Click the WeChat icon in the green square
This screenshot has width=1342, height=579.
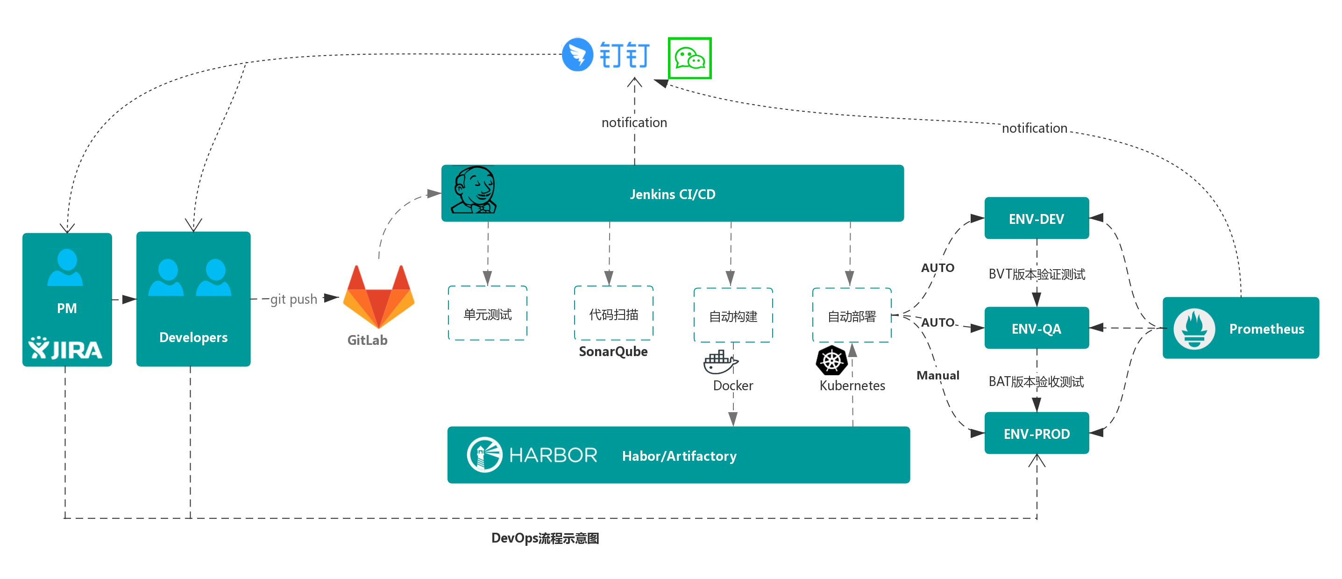pyautogui.click(x=689, y=58)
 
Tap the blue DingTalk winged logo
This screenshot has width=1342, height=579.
pyautogui.click(x=577, y=54)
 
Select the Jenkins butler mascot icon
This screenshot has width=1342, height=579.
pyautogui.click(x=473, y=190)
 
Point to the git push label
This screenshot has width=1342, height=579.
pyautogui.click(x=294, y=299)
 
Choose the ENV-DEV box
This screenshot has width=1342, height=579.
pyautogui.click(x=1036, y=218)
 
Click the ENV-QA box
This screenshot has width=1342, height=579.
pyautogui.click(x=1036, y=329)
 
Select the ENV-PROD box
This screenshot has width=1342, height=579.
pyautogui.click(x=1036, y=433)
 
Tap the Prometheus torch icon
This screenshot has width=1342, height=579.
pyautogui.click(x=1193, y=329)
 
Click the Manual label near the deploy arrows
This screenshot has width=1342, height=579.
pyautogui.click(x=938, y=375)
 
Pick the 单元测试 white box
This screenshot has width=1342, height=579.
pyautogui.click(x=488, y=314)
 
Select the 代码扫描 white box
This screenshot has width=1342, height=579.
pyautogui.click(x=613, y=314)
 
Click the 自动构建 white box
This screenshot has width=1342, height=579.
pyautogui.click(x=732, y=316)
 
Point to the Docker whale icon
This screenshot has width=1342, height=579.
pyautogui.click(x=720, y=362)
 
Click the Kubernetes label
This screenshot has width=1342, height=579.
pyautogui.click(x=852, y=385)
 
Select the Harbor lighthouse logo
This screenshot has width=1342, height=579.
pyautogui.click(x=484, y=454)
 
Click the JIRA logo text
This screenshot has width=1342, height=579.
pyautogui.click(x=66, y=349)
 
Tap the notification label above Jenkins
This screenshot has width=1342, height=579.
pyautogui.click(x=634, y=122)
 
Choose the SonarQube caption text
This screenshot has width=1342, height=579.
pyautogui.click(x=613, y=351)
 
